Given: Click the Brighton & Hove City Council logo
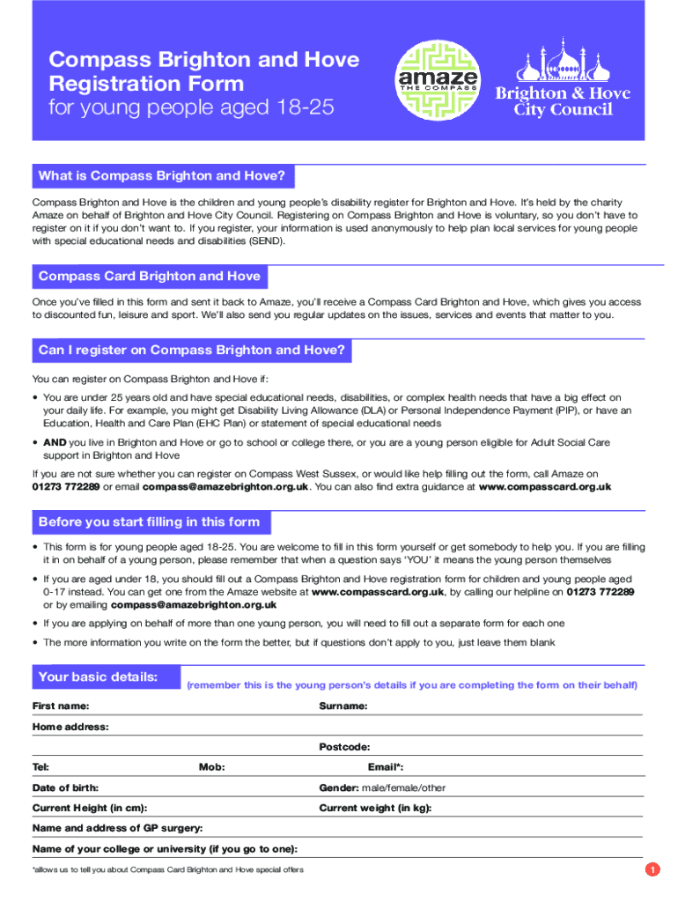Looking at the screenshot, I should click(x=562, y=80).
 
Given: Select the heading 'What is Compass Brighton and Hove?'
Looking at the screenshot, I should click(x=162, y=176).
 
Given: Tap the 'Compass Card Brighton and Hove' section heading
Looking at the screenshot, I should click(x=150, y=277).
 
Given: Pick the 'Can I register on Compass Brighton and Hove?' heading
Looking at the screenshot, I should click(x=191, y=351).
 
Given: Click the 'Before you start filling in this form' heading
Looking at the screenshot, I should click(x=149, y=522).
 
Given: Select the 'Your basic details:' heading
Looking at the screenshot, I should click(x=98, y=677).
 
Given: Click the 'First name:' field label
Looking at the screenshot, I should click(x=61, y=706).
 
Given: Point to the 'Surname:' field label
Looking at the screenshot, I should click(x=343, y=706).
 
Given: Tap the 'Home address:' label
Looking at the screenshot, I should click(x=70, y=727).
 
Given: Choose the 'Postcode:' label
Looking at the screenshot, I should click(x=344, y=747).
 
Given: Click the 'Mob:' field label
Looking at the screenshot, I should click(x=211, y=767).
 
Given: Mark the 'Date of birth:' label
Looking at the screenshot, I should click(x=65, y=787).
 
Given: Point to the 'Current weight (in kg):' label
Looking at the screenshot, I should click(x=375, y=808).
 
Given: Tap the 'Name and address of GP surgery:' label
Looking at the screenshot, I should click(x=117, y=828).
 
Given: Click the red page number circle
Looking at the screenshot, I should click(x=652, y=870).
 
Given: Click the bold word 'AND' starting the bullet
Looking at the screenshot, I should click(x=55, y=442).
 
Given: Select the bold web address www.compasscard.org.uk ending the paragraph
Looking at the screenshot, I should click(x=544, y=486).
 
